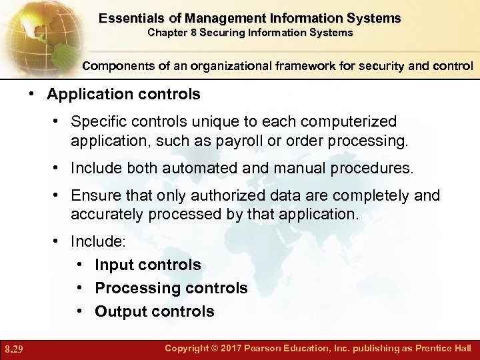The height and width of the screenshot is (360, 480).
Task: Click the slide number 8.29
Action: tap(15, 349)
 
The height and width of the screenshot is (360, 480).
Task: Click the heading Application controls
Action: tap(123, 95)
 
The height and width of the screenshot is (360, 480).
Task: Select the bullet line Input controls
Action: tap(147, 265)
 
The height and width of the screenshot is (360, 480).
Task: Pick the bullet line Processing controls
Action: tap(171, 288)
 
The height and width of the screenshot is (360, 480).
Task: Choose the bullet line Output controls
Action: tap(154, 311)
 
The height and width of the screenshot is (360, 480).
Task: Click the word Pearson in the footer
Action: tap(257, 349)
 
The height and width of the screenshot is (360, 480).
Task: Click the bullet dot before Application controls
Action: tap(32, 95)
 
